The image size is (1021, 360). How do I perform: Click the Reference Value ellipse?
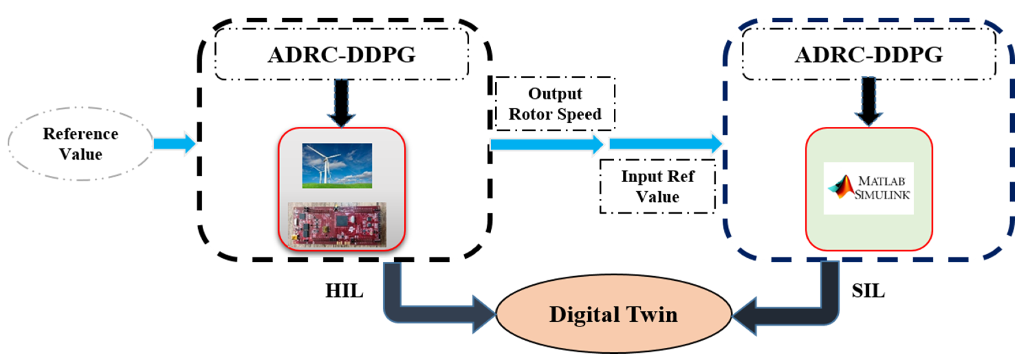pyautogui.click(x=80, y=144)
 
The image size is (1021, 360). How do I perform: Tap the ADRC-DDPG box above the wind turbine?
pyautogui.click(x=342, y=54)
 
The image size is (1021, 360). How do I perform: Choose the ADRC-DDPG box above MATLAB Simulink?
pyautogui.click(x=869, y=54)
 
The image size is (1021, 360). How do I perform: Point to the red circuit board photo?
pyautogui.click(x=337, y=225)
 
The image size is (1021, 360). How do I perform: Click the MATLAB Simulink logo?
pyautogui.click(x=868, y=188)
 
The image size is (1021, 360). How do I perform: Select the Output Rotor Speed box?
pyautogui.click(x=555, y=104)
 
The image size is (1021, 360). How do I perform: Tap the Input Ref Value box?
pyautogui.click(x=657, y=186)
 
